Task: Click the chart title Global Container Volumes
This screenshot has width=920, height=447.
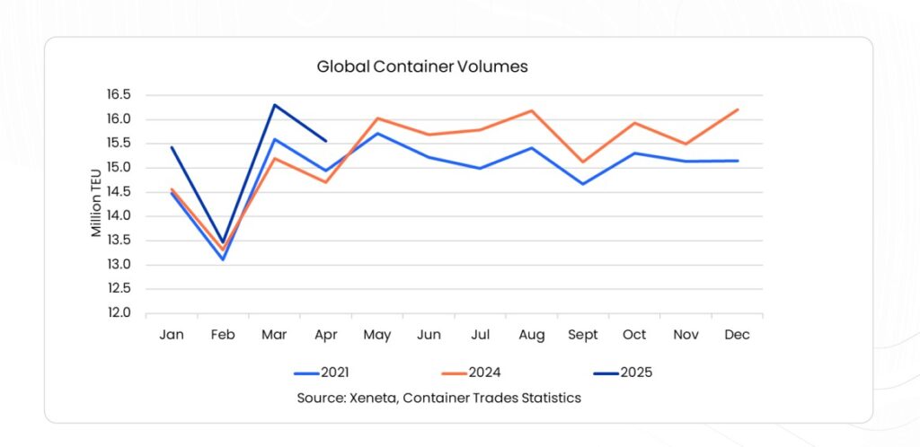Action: [x=421, y=66]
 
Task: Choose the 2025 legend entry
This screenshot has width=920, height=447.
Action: [x=620, y=372]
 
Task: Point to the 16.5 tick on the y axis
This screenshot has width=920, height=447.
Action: [x=119, y=95]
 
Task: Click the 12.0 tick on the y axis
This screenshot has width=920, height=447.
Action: [x=119, y=313]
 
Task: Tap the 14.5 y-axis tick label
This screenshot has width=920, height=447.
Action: [x=119, y=192]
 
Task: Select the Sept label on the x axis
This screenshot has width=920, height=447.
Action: [x=582, y=335]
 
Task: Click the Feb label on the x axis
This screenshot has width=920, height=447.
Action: [x=223, y=335]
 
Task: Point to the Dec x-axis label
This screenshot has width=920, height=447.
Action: [x=737, y=335]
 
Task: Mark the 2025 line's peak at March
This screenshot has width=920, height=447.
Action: [x=274, y=105]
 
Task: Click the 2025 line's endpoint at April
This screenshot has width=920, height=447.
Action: [x=325, y=140]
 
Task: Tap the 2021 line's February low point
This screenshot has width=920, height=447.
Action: [x=223, y=259]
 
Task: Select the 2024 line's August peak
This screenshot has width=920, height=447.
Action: [x=531, y=110]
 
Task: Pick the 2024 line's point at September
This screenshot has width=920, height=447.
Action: [x=582, y=162]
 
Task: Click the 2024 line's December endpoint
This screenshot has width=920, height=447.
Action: [x=737, y=110]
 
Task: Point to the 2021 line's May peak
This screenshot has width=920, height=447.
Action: [x=377, y=133]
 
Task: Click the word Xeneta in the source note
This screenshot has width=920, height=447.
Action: [x=371, y=398]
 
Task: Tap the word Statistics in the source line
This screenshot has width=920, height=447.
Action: [x=548, y=398]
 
